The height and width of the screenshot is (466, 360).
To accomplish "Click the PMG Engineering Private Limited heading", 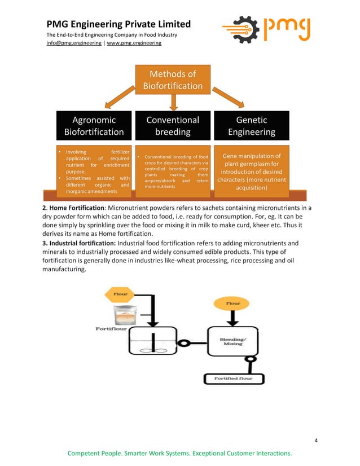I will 118,24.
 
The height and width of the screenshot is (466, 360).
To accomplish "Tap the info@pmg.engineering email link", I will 74,43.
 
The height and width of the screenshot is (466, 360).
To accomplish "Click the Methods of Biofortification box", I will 173,80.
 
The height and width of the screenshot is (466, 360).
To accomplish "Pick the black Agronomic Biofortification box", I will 94,126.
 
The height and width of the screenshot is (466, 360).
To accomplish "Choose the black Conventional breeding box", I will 173,126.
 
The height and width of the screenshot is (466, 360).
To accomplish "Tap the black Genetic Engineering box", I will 252,126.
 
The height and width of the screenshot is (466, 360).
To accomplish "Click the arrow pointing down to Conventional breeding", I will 173,102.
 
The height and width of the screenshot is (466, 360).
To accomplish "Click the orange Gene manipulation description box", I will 252,172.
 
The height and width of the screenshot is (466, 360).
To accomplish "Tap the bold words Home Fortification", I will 70,208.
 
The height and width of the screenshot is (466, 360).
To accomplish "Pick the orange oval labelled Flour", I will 232,304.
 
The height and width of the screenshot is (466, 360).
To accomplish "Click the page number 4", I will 316,440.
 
